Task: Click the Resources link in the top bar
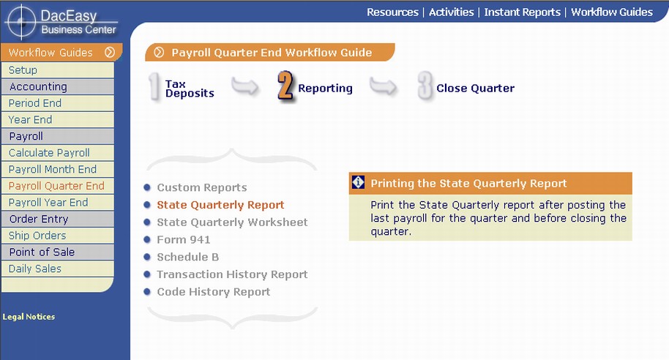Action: coord(392,12)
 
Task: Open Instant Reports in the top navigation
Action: coord(522,12)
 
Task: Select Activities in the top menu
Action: coord(452,12)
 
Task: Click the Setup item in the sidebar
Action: coord(23,70)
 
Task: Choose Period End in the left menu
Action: coord(35,103)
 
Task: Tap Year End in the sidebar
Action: coord(30,120)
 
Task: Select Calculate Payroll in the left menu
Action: coord(49,153)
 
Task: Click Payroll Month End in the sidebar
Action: coord(53,169)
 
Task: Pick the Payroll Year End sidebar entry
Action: coord(48,203)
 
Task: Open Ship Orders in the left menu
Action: coord(37,236)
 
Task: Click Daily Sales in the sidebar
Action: coord(35,269)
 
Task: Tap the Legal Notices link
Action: coord(29,317)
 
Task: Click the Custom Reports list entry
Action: coord(202,187)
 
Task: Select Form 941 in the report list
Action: coord(184,239)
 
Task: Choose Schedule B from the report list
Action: coord(187,257)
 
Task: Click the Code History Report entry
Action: coord(213,292)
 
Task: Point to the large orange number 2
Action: coord(285,86)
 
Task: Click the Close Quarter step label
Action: coord(475,89)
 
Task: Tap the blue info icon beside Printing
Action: coord(358,182)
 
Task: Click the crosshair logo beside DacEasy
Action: coord(21,21)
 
